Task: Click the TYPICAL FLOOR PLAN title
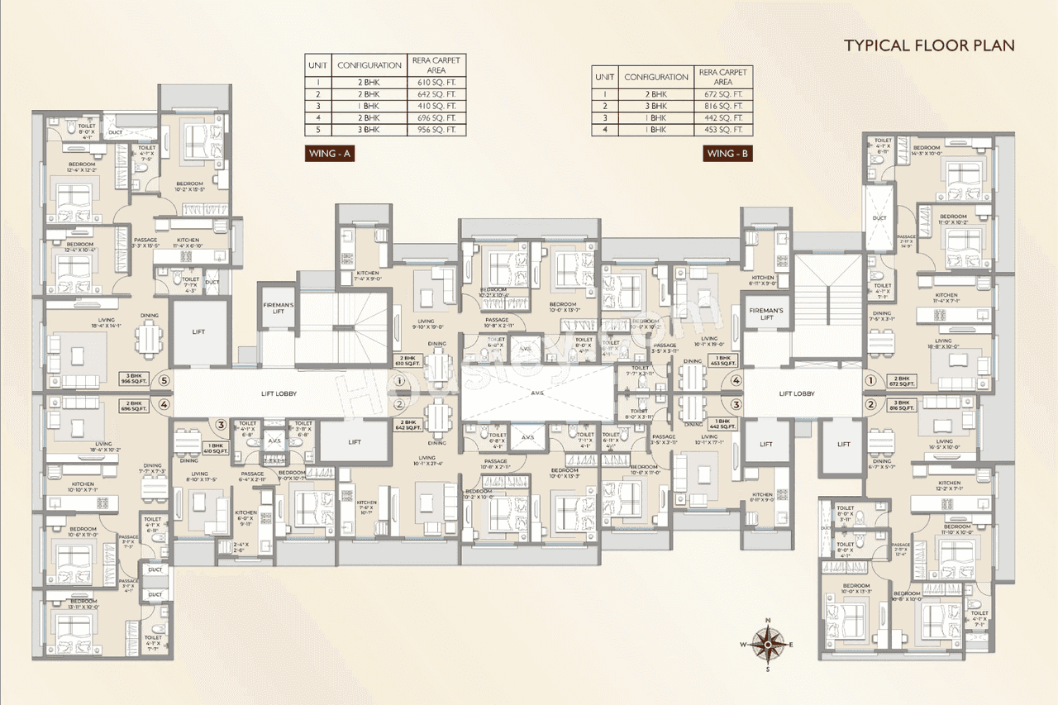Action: tap(928, 45)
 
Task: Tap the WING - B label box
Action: tap(728, 153)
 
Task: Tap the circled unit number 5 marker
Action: tap(164, 381)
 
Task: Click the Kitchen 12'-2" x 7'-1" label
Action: tap(948, 486)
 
